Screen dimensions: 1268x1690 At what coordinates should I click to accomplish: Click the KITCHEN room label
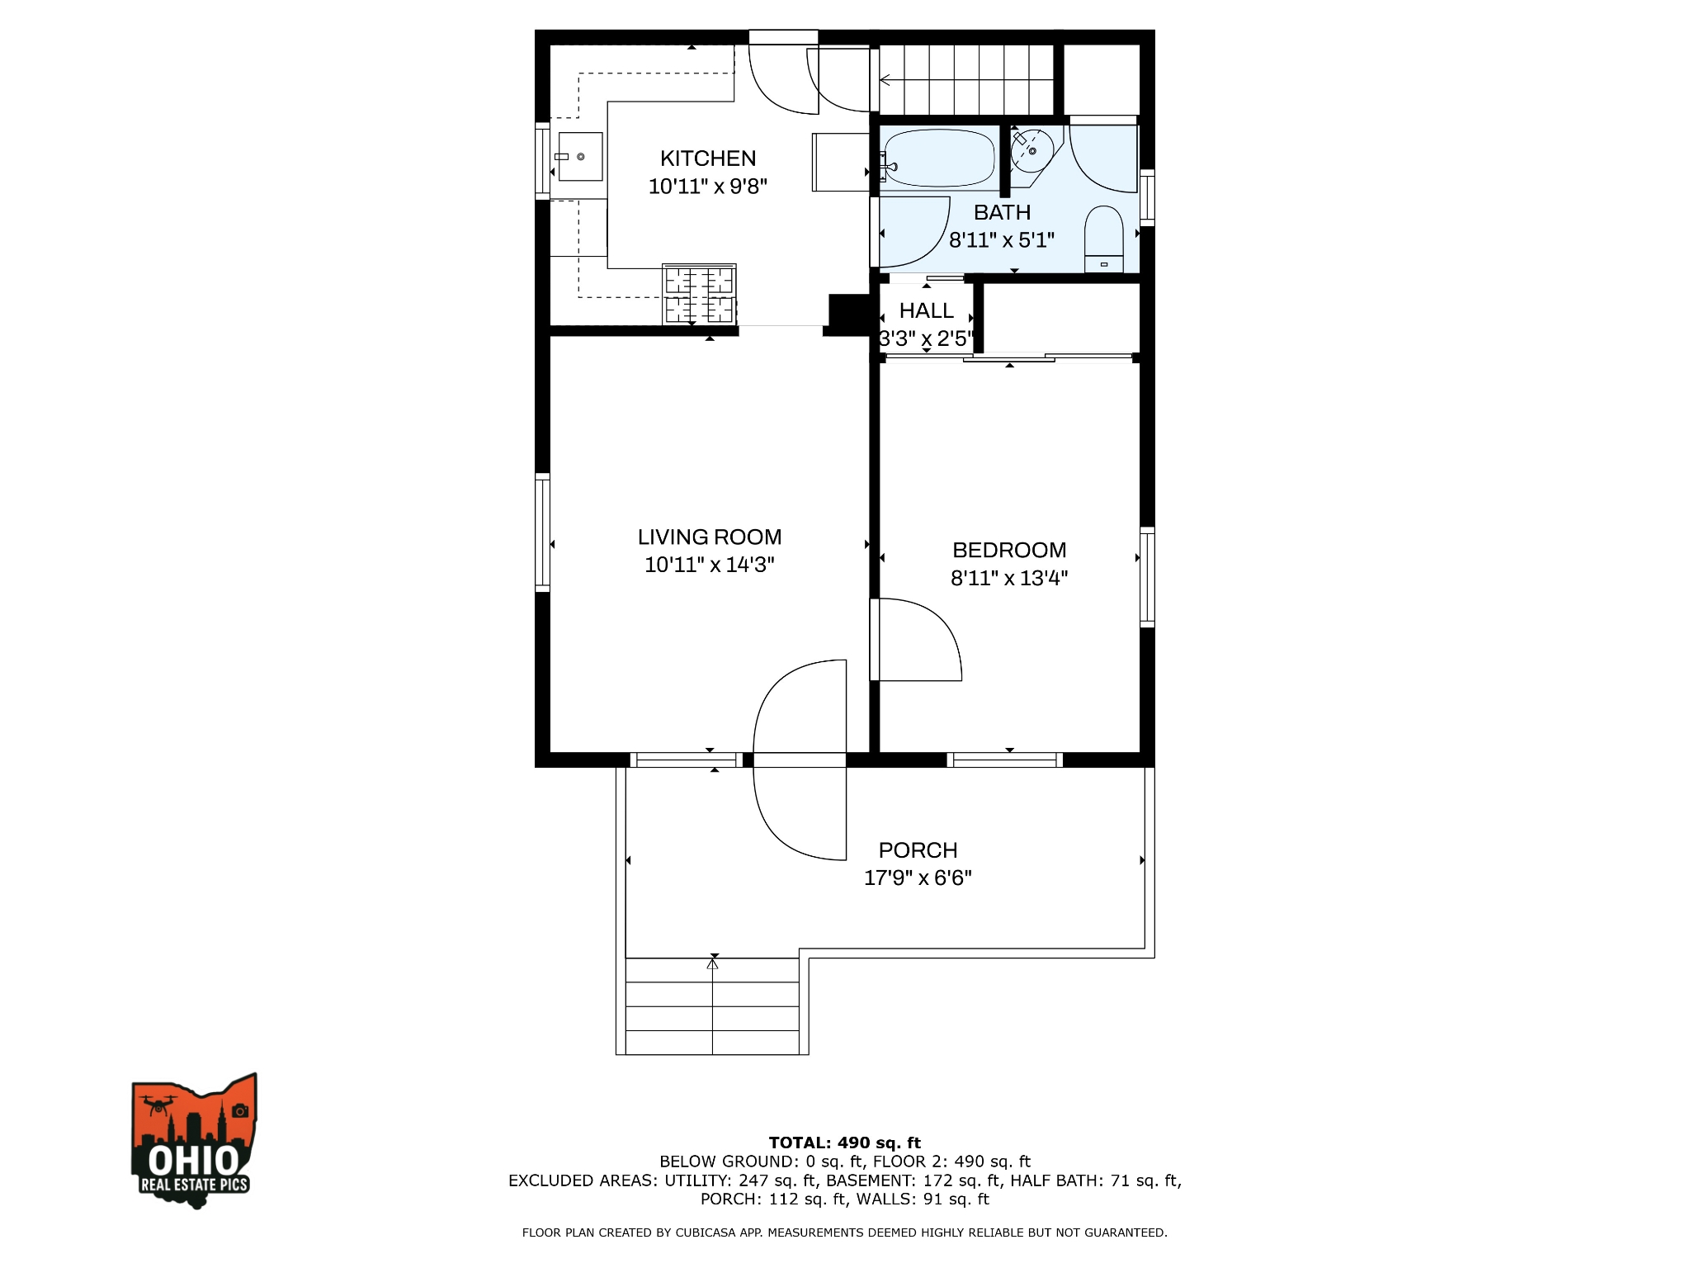[708, 158]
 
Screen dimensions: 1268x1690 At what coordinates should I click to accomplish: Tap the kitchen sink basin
[580, 157]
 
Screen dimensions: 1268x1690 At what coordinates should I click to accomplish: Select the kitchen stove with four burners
[699, 295]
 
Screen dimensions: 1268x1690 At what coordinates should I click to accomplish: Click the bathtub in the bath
[939, 158]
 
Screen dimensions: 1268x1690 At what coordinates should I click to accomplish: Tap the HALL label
[926, 311]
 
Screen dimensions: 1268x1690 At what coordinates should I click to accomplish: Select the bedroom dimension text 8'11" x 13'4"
[1008, 578]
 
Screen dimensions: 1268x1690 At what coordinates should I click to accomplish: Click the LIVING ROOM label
[709, 537]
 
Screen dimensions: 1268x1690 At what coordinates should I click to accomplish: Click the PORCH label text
[918, 850]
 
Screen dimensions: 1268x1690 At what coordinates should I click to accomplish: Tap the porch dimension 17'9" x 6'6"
[918, 878]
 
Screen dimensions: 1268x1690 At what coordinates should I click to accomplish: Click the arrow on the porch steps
[713, 963]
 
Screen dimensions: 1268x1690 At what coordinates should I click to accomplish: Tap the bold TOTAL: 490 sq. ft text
[844, 1143]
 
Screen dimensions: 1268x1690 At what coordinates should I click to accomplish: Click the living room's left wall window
[542, 532]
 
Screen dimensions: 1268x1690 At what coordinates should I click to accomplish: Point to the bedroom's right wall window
[1147, 576]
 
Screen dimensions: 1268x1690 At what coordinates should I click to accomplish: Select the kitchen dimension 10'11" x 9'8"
[708, 187]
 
